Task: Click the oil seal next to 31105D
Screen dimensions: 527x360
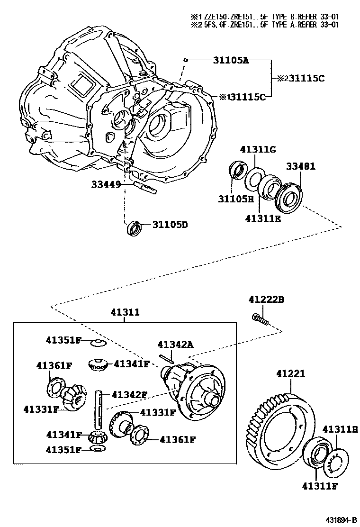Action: tap(135, 228)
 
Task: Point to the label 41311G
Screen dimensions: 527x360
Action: tap(258, 150)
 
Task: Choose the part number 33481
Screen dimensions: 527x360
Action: tap(300, 167)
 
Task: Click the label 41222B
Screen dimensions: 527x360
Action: tap(266, 299)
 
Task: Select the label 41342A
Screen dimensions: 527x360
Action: tap(175, 345)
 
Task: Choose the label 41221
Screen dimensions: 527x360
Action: tap(291, 374)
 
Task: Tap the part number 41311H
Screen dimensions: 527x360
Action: tap(340, 429)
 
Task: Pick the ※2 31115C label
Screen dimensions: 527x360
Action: tap(303, 79)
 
